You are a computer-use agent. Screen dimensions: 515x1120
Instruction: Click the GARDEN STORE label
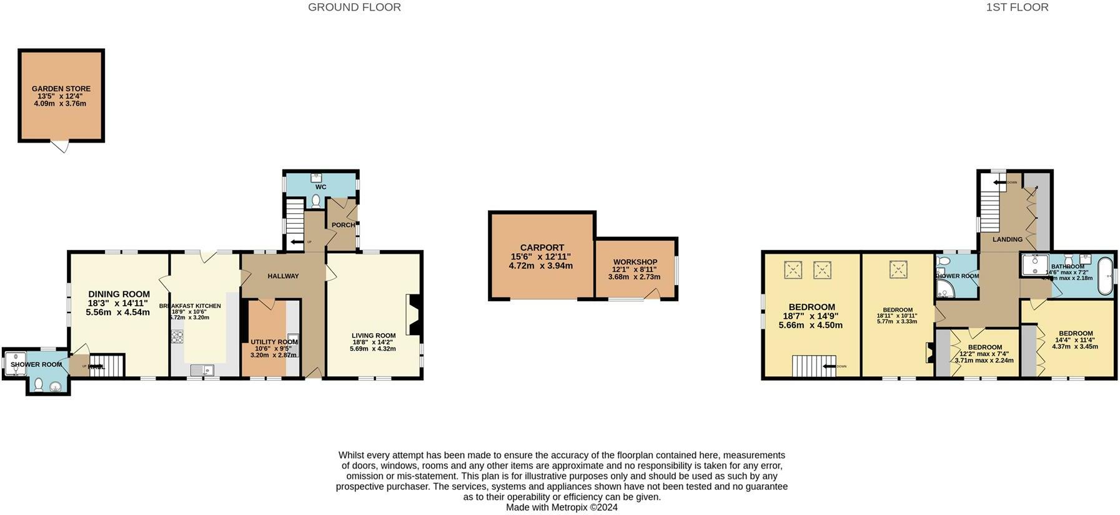(61, 89)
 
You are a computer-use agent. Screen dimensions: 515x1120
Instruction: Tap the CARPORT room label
(542, 247)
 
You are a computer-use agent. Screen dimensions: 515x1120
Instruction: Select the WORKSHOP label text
(635, 262)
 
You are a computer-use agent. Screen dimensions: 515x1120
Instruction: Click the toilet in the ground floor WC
(315, 201)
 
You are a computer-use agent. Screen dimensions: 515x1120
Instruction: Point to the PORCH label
(343, 225)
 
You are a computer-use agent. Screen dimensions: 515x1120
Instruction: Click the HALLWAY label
(283, 276)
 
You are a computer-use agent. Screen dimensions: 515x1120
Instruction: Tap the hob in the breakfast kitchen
(177, 337)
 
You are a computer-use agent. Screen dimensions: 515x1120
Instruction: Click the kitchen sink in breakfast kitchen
(202, 371)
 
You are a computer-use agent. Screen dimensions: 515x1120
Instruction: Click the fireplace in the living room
(414, 316)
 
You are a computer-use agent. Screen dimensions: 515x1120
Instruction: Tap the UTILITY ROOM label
(274, 342)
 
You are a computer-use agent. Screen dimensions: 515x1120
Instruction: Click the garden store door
(60, 147)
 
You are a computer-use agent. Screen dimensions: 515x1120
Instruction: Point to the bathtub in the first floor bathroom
(1105, 275)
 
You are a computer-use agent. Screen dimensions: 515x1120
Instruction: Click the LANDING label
(1008, 239)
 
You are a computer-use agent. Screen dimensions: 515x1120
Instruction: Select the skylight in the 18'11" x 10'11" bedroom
(898, 269)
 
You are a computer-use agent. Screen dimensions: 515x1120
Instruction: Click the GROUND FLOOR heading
(354, 7)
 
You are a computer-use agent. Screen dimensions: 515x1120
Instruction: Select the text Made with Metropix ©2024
(562, 507)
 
